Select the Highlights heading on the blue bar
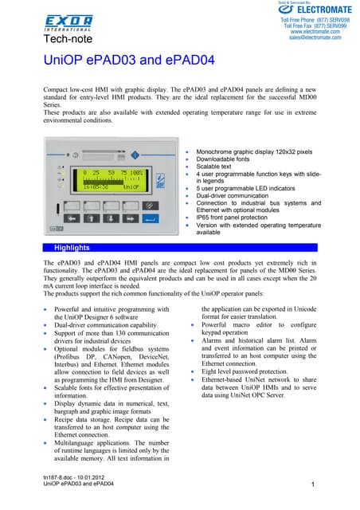pyautogui.click(x=71, y=249)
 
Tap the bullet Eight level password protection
pyautogui.click(x=252, y=371)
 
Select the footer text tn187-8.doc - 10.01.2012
pyautogui.click(x=78, y=477)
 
